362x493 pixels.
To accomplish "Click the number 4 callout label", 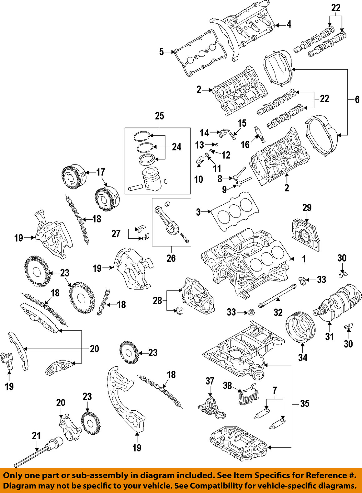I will pyautogui.click(x=289, y=24).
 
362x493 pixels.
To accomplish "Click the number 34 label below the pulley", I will pyautogui.click(x=303, y=357).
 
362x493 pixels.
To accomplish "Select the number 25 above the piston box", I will pyautogui.click(x=159, y=116).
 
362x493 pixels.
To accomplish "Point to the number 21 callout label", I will pyautogui.click(x=36, y=436).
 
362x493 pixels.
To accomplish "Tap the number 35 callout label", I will pyautogui.click(x=305, y=403).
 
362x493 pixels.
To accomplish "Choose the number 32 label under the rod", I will pyautogui.click(x=278, y=312).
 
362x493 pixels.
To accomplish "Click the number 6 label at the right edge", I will pyautogui.click(x=357, y=100).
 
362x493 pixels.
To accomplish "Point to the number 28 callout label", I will pyautogui.click(x=157, y=300).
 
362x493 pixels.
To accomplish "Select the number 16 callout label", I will pyautogui.click(x=245, y=144).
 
